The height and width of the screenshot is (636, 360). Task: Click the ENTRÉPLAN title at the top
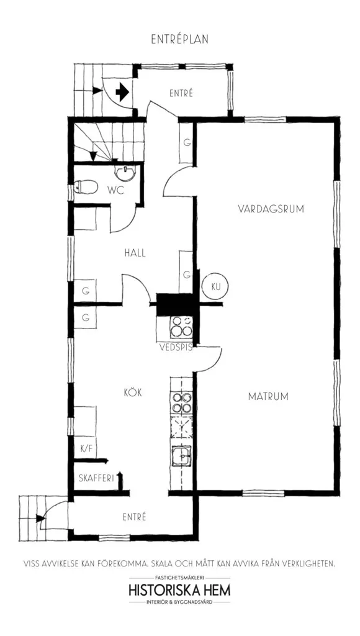click(179, 39)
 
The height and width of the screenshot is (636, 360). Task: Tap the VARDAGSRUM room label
click(271, 209)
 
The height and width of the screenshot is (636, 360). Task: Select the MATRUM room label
click(268, 396)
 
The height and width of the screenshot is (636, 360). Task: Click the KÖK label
click(133, 393)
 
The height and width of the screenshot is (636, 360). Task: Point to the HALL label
click(135, 253)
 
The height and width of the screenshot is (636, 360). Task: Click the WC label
click(115, 190)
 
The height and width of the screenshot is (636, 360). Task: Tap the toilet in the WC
click(86, 187)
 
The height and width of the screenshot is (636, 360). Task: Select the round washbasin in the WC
click(125, 173)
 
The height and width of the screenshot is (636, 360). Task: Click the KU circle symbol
click(215, 286)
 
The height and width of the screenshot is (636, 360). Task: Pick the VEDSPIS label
click(176, 347)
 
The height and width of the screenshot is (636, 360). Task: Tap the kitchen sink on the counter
click(181, 455)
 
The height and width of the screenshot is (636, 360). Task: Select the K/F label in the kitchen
click(86, 449)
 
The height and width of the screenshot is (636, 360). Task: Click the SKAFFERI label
click(96, 478)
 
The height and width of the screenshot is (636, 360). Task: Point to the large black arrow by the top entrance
click(122, 93)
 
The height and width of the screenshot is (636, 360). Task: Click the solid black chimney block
click(176, 304)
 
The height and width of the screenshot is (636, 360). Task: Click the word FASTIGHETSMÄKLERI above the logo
click(179, 577)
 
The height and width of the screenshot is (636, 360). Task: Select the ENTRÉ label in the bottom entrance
click(134, 517)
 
